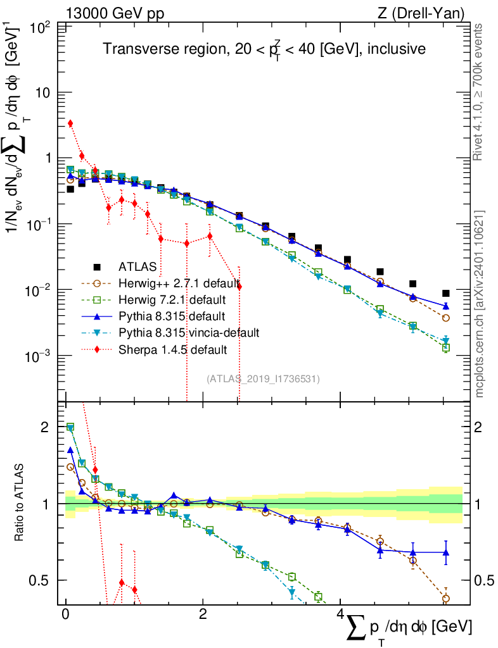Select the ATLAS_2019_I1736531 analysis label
263,379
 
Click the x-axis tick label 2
202,614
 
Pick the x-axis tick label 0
65,614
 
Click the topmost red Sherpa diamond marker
70,123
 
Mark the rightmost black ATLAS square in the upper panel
446,293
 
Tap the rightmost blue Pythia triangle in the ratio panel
446,552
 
